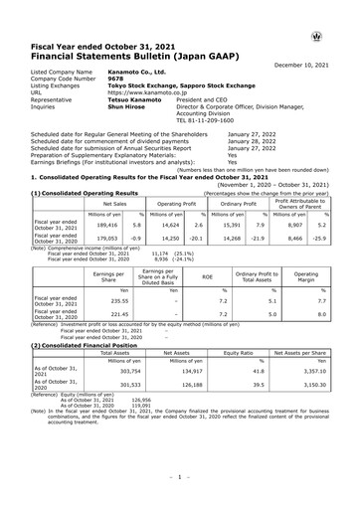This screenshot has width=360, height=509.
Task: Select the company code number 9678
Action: pos(113,81)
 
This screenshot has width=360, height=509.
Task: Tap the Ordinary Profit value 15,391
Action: pos(230,226)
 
